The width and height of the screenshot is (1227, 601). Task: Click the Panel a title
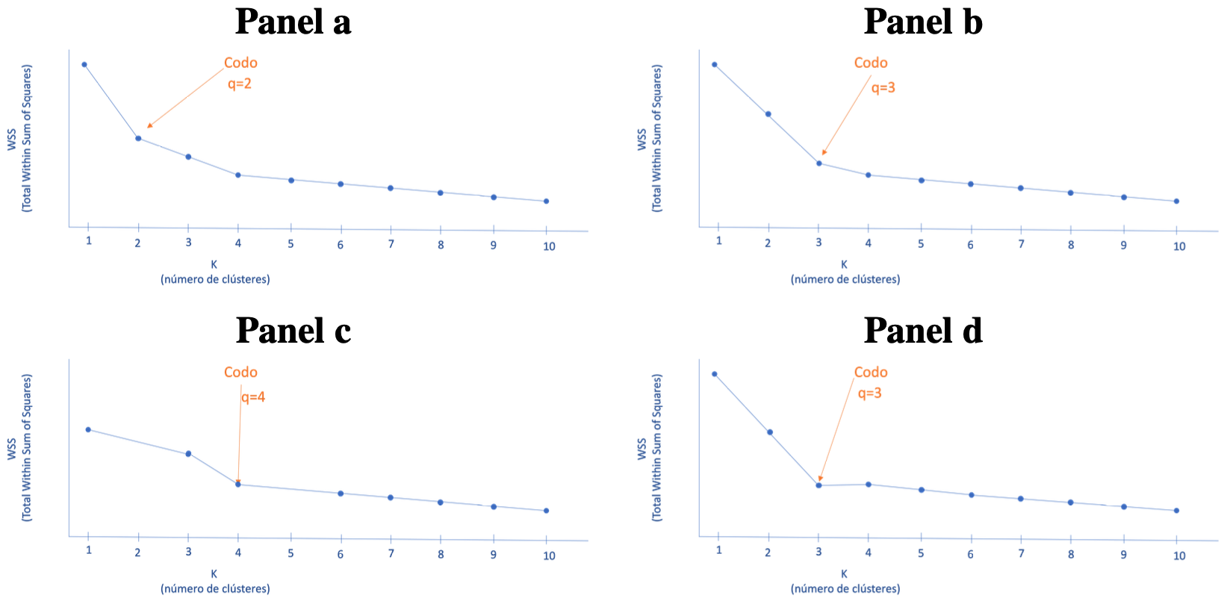point(293,22)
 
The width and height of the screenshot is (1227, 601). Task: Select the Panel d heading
point(923,331)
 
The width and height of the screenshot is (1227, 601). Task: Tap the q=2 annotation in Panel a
point(240,84)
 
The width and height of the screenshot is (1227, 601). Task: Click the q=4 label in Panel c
point(253,397)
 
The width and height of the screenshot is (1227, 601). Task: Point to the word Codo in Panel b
point(871,63)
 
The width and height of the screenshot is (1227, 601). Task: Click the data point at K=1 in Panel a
point(84,64)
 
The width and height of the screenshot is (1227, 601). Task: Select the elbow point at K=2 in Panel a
point(138,138)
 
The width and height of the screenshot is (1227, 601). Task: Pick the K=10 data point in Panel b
point(1176,201)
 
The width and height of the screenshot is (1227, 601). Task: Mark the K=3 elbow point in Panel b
point(818,163)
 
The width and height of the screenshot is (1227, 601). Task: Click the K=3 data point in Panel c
point(188,453)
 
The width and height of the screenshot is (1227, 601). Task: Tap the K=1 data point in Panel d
point(715,374)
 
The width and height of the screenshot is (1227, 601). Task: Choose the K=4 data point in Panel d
point(869,485)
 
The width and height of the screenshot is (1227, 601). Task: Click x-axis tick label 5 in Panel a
point(291,243)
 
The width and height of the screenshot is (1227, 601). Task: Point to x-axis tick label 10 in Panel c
point(549,555)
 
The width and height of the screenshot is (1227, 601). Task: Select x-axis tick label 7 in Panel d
point(1021,553)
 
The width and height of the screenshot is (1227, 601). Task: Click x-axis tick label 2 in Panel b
point(768,243)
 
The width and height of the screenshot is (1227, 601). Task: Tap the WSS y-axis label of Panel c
point(12,449)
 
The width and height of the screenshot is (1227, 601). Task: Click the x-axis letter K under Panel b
point(845,264)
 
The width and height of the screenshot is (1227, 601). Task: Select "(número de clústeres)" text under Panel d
point(845,588)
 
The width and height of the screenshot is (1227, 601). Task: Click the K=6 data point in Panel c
point(341,493)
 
